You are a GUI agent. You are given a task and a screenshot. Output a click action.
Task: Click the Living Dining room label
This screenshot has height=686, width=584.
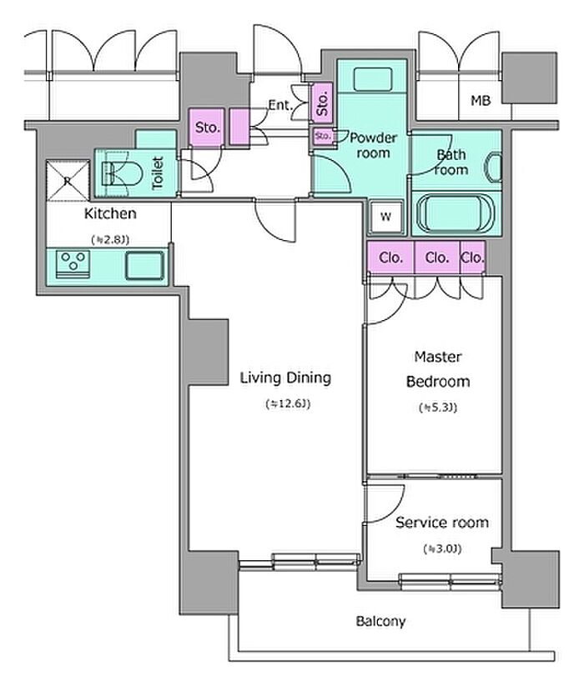pos(285,378)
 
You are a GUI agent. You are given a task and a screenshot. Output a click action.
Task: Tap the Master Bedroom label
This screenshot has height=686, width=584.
pos(438,368)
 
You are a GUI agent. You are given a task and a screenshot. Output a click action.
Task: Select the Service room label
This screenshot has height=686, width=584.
pos(442,522)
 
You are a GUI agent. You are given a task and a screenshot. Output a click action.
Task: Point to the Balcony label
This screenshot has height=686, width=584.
pos(380,621)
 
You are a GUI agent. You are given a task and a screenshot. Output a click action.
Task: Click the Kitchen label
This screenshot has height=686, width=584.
pos(110,213)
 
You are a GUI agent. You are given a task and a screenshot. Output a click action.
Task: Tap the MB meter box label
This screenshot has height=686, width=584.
pos(481,101)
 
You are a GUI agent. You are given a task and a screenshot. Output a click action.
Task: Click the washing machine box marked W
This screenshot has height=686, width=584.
pos(385,216)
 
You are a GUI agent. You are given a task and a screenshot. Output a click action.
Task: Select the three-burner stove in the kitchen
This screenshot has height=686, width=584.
pos(73,263)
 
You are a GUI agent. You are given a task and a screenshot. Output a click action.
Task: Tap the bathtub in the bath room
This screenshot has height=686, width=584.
pos(456,215)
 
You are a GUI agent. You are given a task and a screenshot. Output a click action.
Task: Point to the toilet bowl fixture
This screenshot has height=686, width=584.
pos(123,173)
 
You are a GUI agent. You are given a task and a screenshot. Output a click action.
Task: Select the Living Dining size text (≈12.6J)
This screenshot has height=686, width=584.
pos(288,403)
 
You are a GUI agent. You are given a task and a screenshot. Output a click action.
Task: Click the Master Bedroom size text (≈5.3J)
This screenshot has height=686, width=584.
pos(438,408)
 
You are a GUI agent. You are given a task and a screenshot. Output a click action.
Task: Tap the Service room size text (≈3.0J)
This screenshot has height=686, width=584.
pos(442,548)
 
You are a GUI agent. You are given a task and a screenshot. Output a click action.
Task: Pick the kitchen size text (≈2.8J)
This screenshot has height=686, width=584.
pos(110,240)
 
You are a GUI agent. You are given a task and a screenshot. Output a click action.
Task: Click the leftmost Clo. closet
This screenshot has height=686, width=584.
pos(390,258)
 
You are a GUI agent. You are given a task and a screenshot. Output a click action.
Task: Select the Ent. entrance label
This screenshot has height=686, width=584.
pos(280,105)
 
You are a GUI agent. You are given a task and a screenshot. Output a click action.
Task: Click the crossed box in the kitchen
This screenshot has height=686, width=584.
pos(68,181)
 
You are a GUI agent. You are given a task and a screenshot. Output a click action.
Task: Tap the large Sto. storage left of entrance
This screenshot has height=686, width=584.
pos(207,128)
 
